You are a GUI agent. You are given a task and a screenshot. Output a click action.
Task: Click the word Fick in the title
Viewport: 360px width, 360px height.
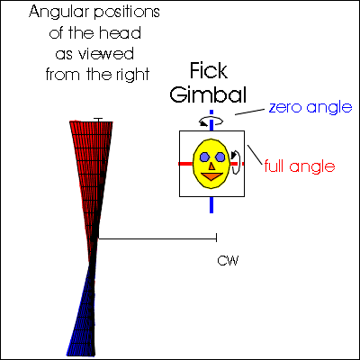point(209,71)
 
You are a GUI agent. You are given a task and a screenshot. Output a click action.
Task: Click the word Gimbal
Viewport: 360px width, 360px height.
point(208,94)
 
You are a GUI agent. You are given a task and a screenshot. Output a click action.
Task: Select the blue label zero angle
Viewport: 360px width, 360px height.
point(310,107)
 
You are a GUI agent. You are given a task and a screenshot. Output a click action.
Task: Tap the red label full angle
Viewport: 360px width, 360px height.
point(300,166)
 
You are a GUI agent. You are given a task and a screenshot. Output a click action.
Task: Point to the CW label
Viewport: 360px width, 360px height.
point(228,261)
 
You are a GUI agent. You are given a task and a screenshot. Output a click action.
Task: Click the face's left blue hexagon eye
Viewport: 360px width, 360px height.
point(205,157)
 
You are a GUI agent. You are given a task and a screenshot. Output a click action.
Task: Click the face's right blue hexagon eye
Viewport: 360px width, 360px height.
point(220,157)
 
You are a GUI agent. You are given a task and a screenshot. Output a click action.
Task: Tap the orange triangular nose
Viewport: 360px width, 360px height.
point(211,166)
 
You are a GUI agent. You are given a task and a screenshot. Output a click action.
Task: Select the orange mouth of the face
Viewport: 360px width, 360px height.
point(211,176)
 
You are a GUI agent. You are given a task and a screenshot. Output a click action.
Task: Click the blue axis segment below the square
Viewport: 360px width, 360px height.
point(211,205)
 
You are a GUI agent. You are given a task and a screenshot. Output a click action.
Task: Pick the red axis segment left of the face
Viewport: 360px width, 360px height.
point(185,164)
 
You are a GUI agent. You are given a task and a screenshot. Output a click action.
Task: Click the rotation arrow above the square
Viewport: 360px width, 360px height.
point(211,121)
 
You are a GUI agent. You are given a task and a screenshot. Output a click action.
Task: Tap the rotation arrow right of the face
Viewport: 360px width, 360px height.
point(236,162)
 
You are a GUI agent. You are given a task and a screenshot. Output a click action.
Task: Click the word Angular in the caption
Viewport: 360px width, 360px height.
point(58,13)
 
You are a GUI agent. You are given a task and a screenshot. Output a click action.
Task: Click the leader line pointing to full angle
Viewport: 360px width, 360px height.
point(255,155)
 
